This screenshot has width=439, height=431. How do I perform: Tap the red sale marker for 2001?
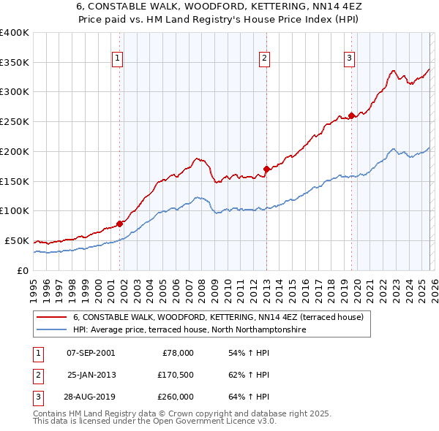119,224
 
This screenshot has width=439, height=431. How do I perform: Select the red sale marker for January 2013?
266,169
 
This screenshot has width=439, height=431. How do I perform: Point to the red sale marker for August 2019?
351,115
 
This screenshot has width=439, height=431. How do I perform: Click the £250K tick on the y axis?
15,121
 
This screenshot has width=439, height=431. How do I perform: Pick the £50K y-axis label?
16,240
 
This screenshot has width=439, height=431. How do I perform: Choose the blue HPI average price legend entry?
188,330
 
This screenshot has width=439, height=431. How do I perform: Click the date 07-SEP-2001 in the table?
91,353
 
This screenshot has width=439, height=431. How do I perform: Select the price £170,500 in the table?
176,375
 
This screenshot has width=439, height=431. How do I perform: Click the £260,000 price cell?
176,397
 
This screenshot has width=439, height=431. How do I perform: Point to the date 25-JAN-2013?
91,375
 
